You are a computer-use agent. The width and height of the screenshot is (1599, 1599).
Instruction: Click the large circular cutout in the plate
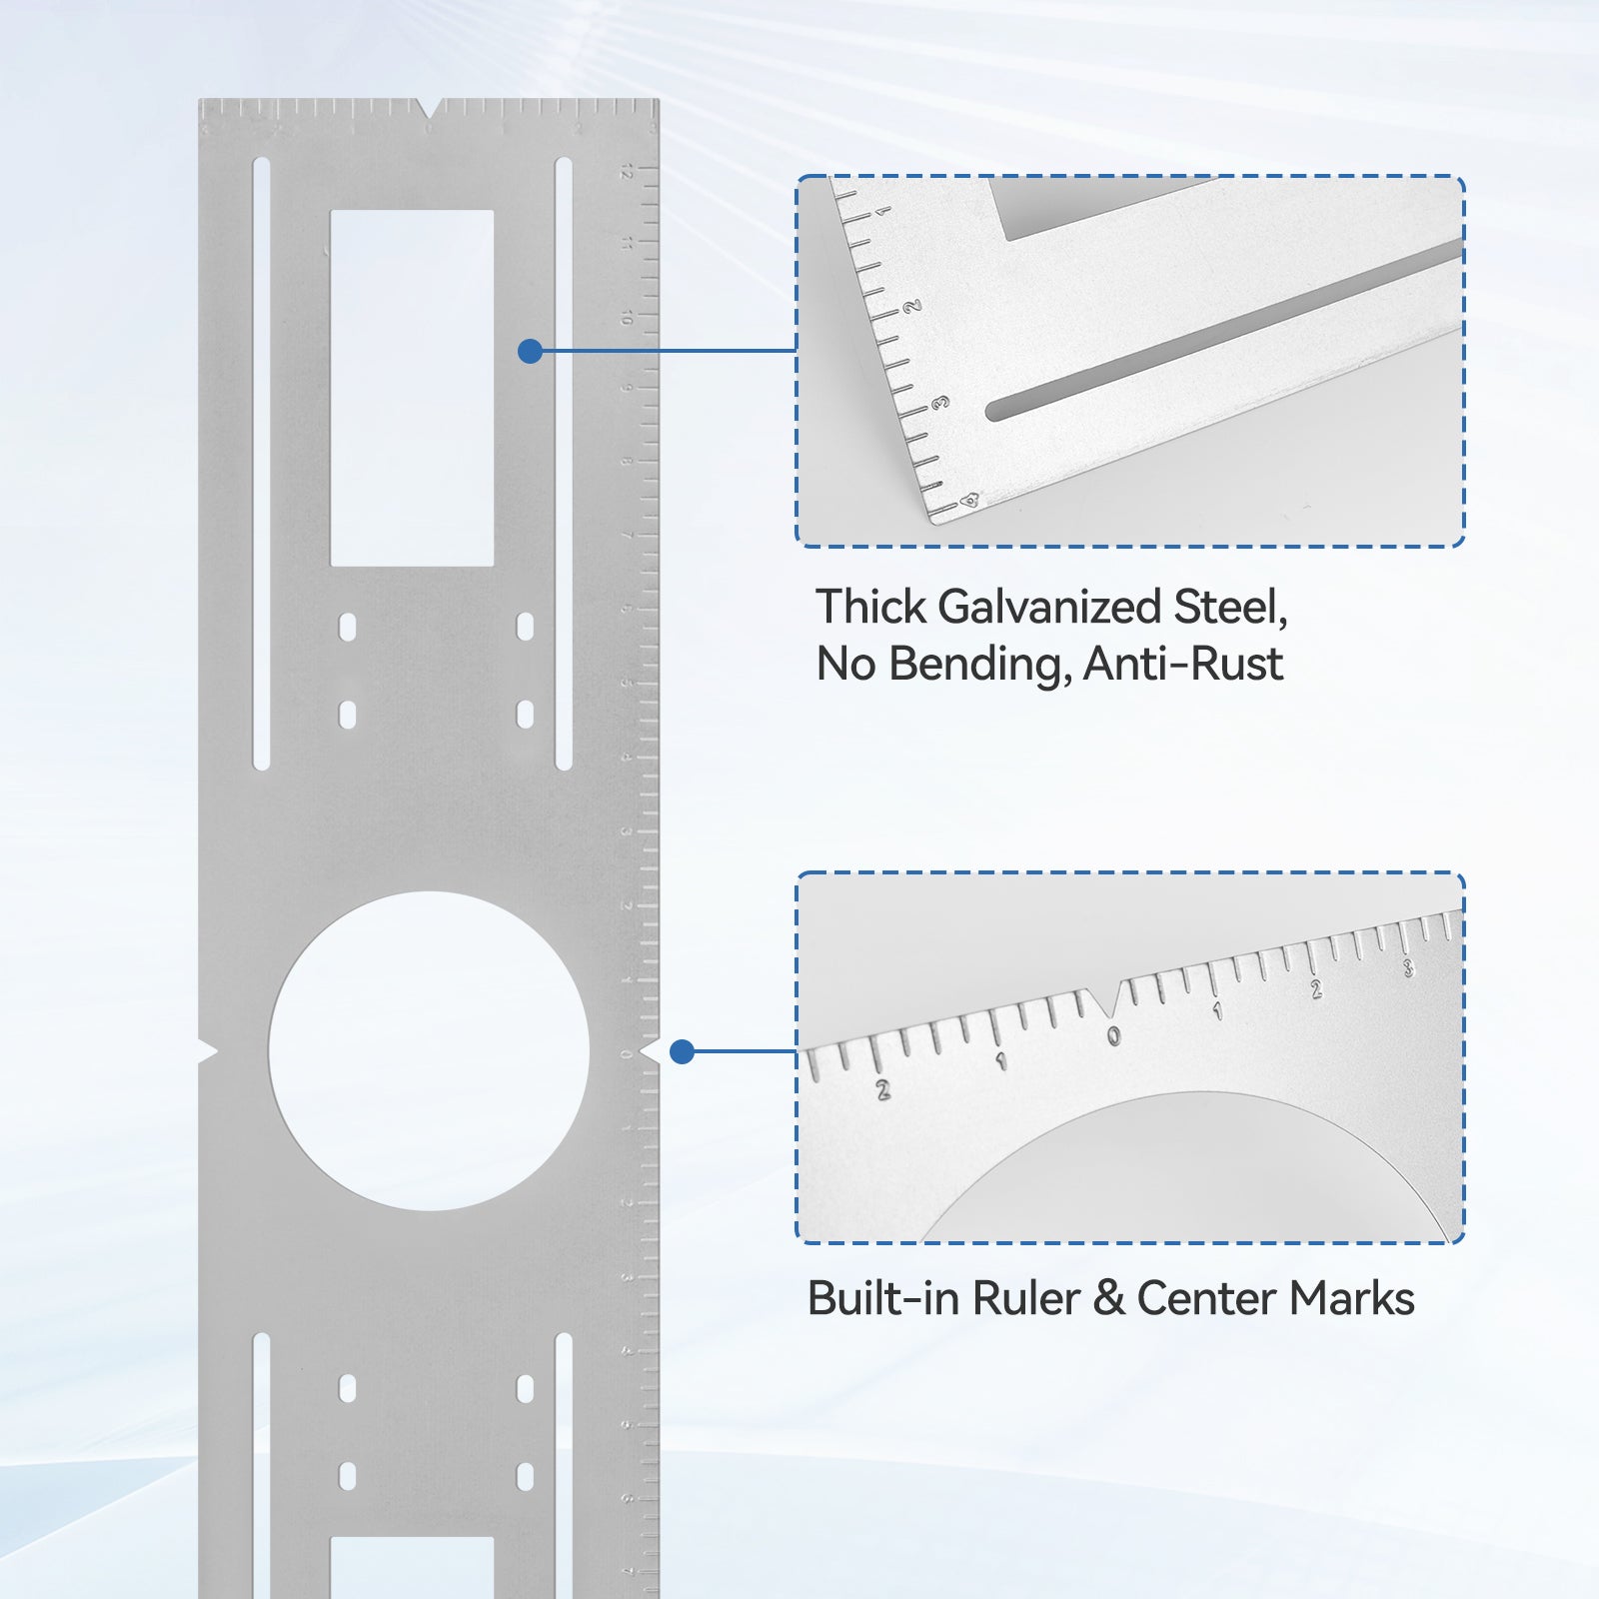click(x=429, y=1051)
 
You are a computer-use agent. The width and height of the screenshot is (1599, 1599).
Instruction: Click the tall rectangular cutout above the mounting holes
click(x=412, y=388)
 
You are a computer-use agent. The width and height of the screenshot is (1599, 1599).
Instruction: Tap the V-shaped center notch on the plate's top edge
click(x=429, y=107)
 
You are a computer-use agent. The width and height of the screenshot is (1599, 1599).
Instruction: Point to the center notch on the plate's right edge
click(x=651, y=1051)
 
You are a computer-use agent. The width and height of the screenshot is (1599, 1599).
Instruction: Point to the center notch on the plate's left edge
click(x=207, y=1051)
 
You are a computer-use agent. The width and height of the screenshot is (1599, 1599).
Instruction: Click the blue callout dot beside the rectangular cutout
click(x=531, y=351)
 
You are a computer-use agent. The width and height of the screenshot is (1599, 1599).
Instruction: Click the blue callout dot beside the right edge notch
click(x=682, y=1051)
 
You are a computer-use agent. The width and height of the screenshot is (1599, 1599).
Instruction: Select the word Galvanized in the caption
click(x=1049, y=608)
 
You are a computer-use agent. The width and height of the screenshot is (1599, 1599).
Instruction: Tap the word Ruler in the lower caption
click(x=1026, y=1299)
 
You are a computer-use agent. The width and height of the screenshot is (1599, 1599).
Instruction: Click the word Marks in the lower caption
click(x=1351, y=1299)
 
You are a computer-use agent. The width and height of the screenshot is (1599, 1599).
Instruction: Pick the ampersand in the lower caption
click(x=1108, y=1299)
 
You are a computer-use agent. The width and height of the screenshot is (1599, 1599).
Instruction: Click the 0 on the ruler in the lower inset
click(x=1113, y=1037)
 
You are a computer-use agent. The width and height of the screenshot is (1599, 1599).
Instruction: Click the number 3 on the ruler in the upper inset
click(x=939, y=403)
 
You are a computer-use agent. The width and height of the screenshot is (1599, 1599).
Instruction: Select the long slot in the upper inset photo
click(x=1219, y=330)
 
